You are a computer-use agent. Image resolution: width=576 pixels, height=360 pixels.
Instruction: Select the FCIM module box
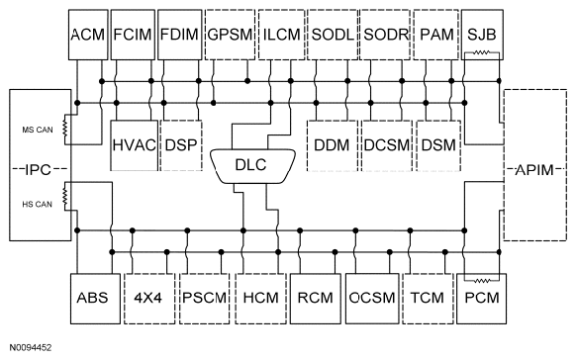[x=131, y=34]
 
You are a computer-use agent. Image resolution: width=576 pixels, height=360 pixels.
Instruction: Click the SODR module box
[x=383, y=34]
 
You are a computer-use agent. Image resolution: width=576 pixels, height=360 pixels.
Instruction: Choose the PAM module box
[x=433, y=34]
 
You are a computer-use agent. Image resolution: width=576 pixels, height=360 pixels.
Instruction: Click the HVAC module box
[x=134, y=144]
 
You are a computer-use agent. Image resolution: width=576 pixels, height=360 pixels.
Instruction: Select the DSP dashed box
[x=180, y=144]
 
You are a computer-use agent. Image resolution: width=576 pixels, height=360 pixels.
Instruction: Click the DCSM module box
[x=385, y=144]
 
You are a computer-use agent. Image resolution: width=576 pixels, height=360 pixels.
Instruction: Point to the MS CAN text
[x=37, y=128]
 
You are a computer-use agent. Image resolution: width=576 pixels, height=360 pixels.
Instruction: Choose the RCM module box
[x=316, y=297]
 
